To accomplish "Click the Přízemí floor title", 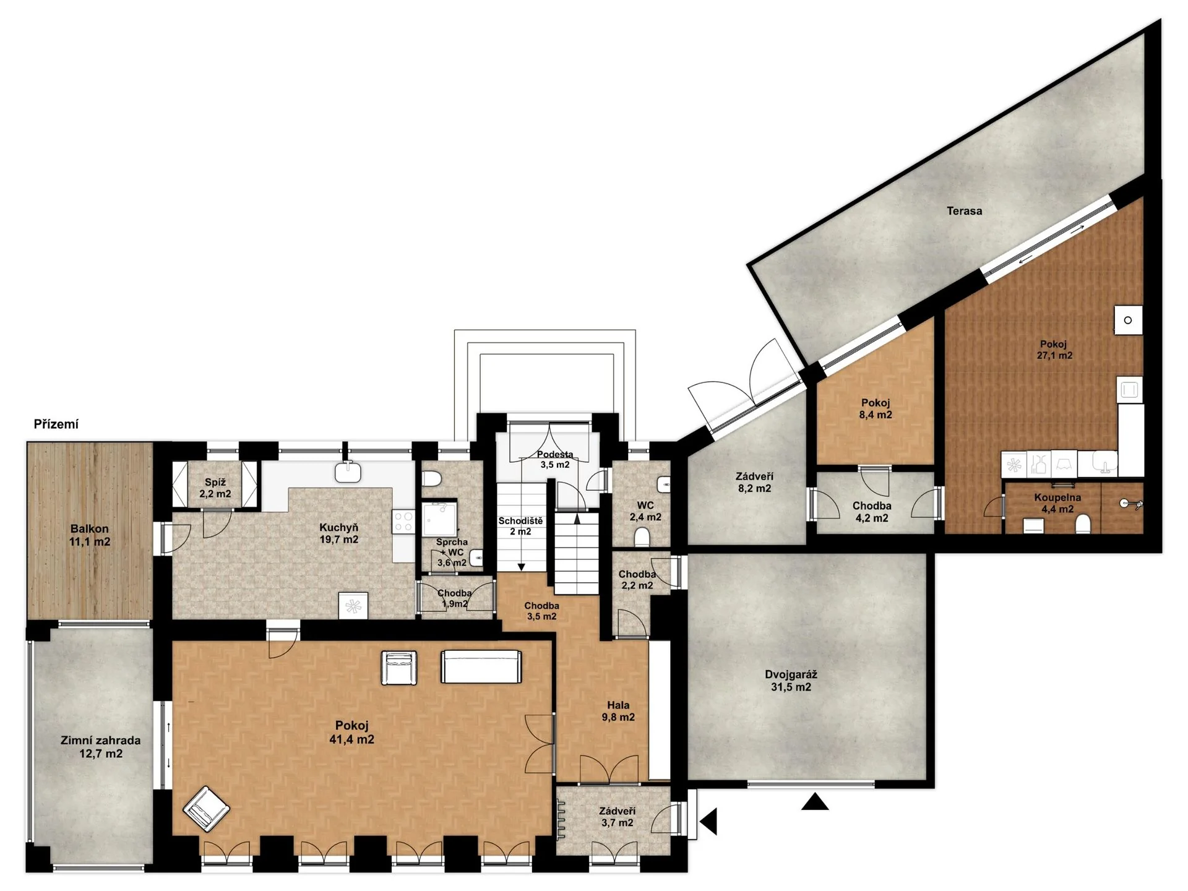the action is click(x=56, y=424).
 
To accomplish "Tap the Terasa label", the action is click(x=964, y=211).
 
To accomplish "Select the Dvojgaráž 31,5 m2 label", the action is click(x=791, y=681).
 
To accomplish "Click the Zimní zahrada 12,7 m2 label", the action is click(x=100, y=747).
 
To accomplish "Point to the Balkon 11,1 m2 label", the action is click(x=90, y=535).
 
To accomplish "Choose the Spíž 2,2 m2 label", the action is click(x=215, y=488).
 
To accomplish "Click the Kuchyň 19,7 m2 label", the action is click(x=339, y=533).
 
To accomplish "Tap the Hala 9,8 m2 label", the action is click(x=618, y=711).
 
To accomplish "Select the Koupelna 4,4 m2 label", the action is click(x=1057, y=503).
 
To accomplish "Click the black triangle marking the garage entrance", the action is click(x=815, y=801).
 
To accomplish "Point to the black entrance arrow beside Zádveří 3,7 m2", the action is click(x=708, y=822).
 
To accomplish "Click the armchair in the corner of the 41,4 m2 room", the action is click(x=206, y=809).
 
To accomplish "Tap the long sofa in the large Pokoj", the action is click(x=481, y=666).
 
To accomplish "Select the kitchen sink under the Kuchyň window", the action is click(x=348, y=472).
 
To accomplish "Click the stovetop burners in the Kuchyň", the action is click(x=403, y=522).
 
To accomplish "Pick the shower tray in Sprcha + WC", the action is click(x=440, y=519).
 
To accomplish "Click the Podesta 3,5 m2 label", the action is click(x=554, y=459).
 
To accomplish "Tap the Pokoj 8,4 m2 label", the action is click(x=875, y=409).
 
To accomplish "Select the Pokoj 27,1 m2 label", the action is click(x=1054, y=350).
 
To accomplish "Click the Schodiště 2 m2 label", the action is click(x=520, y=526).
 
